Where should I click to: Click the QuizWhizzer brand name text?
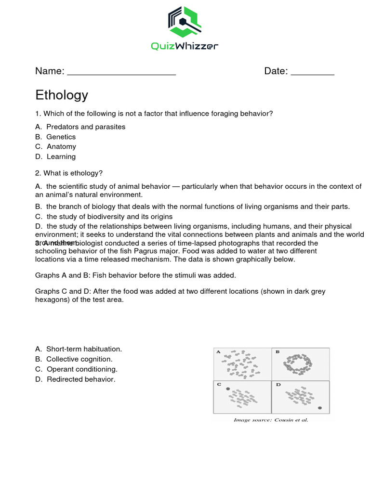click(x=185, y=46)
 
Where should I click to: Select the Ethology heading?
click(x=62, y=95)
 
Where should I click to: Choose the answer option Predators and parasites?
click(x=85, y=127)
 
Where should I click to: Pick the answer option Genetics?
click(x=61, y=137)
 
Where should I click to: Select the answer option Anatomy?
click(x=61, y=146)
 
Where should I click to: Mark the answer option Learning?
click(x=61, y=156)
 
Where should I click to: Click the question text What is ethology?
click(x=73, y=173)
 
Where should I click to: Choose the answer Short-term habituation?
click(x=84, y=349)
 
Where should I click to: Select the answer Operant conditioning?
click(x=82, y=369)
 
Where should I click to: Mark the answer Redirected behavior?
click(x=80, y=379)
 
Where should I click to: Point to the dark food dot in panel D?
click(x=320, y=408)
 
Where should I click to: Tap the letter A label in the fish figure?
click(x=218, y=352)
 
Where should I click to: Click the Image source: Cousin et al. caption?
click(x=271, y=420)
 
